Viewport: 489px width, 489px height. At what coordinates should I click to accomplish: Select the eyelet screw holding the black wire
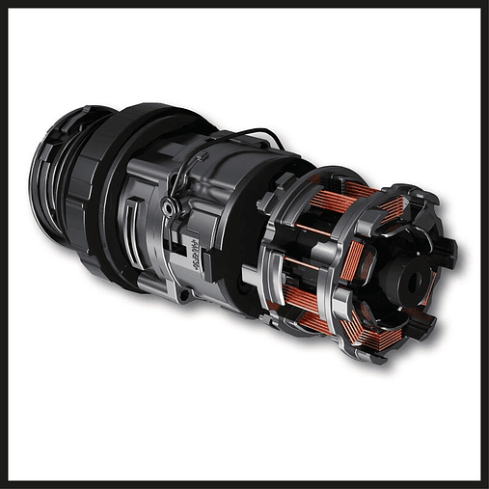pos(171,207)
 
